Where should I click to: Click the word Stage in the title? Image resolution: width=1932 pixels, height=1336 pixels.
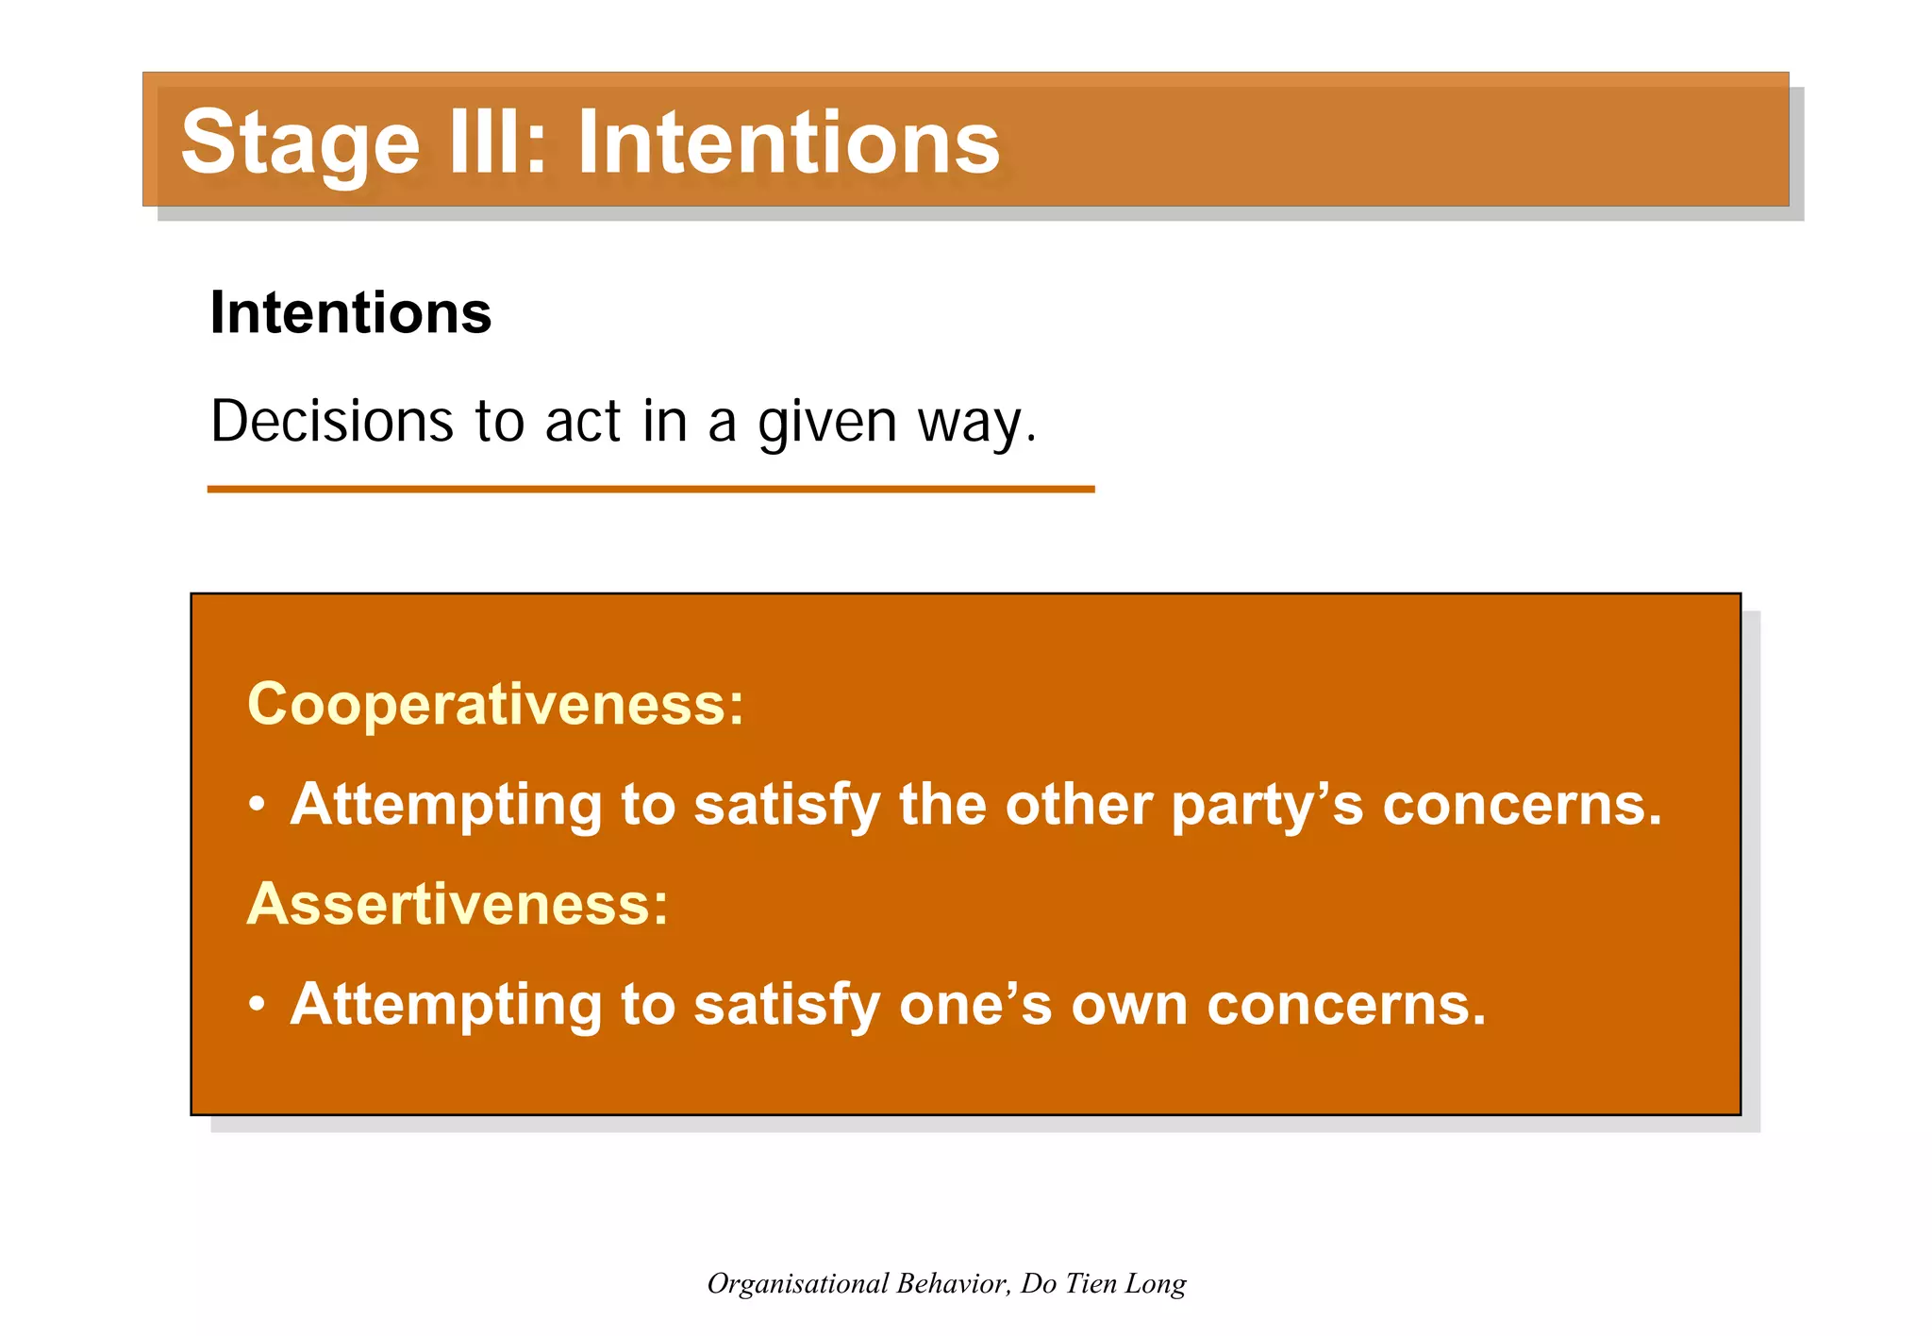[299, 143]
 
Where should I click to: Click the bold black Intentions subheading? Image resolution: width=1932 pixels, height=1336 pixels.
[350, 312]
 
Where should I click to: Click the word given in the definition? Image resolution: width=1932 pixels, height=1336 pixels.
[826, 423]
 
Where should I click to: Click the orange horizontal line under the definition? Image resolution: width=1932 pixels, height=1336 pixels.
[650, 489]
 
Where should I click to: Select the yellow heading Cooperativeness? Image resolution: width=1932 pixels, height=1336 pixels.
[495, 704]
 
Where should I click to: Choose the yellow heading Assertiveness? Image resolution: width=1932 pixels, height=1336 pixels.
[458, 903]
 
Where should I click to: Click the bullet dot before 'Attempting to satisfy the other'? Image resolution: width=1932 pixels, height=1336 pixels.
[257, 805]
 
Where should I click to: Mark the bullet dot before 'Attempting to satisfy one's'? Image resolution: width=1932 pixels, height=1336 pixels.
[257, 1005]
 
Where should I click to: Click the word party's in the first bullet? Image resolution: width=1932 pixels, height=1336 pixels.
[1267, 807]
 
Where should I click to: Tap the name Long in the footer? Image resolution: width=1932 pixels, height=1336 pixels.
[1157, 1284]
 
